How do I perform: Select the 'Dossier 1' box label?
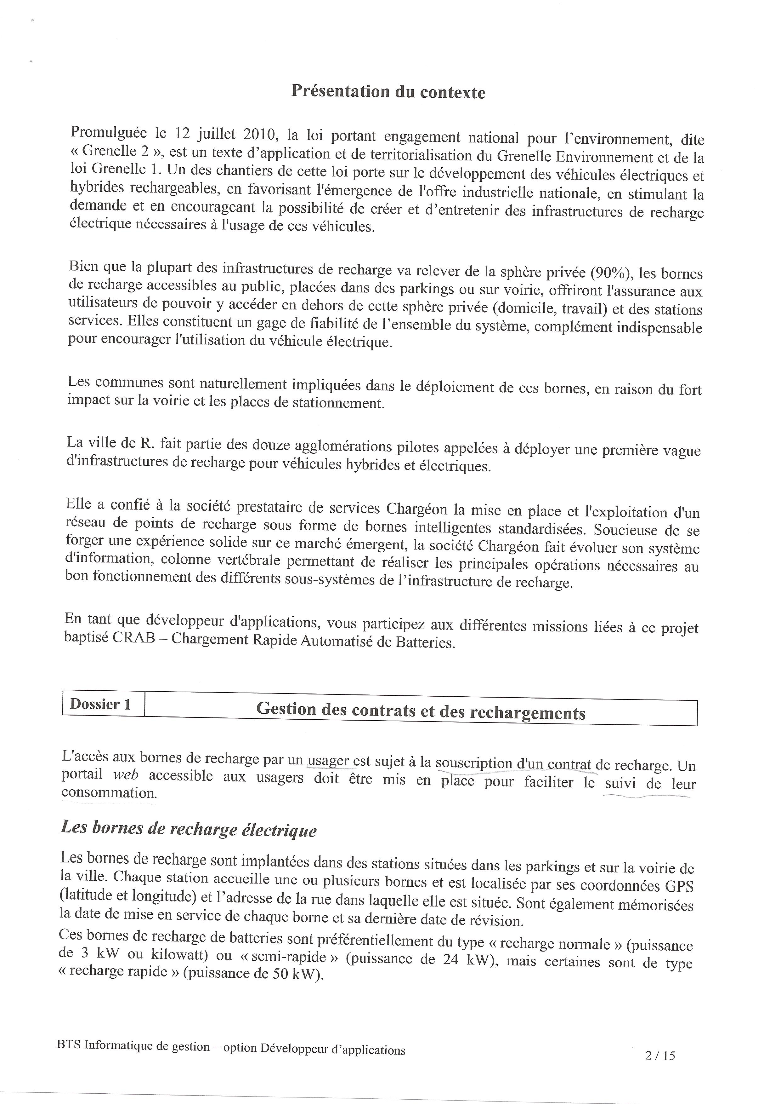click(x=100, y=704)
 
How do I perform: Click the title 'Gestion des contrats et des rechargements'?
click(x=421, y=710)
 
